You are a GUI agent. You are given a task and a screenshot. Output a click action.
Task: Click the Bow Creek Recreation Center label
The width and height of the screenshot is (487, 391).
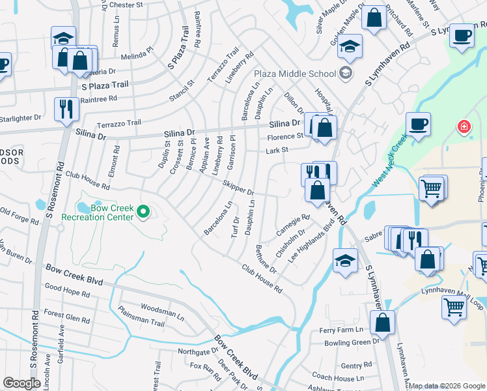click(x=98, y=212)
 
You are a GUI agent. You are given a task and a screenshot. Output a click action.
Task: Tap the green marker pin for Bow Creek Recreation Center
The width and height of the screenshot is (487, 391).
click(x=145, y=212)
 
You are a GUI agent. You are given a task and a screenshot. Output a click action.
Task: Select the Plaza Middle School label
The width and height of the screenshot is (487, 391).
click(x=294, y=73)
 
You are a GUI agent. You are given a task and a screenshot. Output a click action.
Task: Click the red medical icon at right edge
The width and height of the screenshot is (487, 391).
click(x=464, y=126)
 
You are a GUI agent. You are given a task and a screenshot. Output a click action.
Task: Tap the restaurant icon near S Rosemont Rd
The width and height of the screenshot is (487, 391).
click(x=66, y=109)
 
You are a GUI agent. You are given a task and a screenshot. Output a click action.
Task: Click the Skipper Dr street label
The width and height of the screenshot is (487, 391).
click(x=238, y=188)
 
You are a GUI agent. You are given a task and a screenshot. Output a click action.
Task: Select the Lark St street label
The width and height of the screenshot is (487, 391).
click(x=277, y=151)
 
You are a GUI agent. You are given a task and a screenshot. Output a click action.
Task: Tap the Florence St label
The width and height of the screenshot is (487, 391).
click(x=285, y=137)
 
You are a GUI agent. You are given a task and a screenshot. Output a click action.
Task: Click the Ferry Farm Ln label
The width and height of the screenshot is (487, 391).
click(x=341, y=330)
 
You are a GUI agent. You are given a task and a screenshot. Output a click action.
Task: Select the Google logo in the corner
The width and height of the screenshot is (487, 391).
click(x=21, y=383)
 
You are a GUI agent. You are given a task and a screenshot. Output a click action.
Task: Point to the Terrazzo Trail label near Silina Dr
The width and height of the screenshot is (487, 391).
click(x=118, y=123)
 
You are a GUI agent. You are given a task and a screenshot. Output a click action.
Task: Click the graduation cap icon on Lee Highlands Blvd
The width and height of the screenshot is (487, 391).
click(x=345, y=261)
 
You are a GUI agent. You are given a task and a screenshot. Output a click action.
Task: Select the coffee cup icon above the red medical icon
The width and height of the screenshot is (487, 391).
click(x=417, y=124)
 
